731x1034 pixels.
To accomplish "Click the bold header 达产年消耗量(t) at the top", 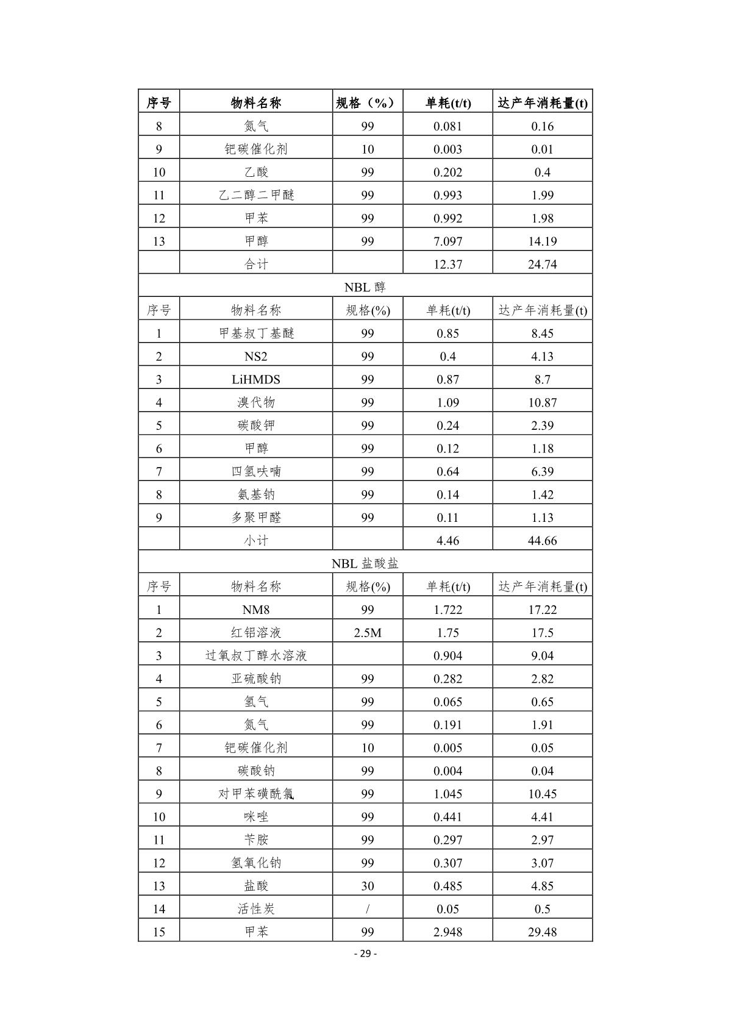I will (542, 102).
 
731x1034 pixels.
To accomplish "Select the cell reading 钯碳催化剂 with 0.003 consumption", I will (256, 149).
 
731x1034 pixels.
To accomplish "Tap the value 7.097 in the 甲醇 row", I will (448, 241).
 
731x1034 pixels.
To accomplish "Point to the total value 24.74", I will (542, 265).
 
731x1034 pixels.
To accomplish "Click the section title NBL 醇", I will (365, 287).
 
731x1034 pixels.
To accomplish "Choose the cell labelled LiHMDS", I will (256, 380).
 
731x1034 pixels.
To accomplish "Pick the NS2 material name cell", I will (256, 357).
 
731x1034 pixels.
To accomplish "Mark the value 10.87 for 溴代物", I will (542, 403).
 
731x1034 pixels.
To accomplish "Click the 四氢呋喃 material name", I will (256, 472).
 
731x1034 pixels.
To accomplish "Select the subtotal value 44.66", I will (542, 541).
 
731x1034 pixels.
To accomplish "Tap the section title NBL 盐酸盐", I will (365, 564).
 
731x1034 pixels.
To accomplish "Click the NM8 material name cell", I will (256, 610).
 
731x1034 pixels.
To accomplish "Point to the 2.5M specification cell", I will (367, 633).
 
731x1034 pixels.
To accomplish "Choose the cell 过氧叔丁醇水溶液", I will (256, 656).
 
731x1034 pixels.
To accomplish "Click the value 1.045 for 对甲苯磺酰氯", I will (448, 794).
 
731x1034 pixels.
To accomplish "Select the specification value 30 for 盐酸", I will (367, 886).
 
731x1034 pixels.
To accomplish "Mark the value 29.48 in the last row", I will (542, 932).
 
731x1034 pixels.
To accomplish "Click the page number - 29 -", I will (365, 954).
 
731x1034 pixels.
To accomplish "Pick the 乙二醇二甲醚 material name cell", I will (256, 196).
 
